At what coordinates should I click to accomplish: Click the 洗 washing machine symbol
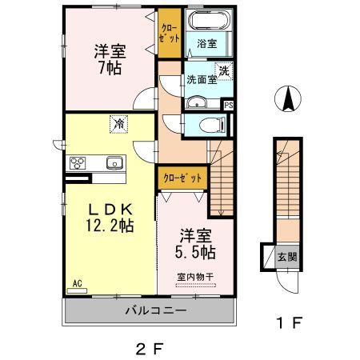coord(226,71)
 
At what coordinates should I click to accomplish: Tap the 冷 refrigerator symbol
coord(118,124)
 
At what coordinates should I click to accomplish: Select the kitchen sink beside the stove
coord(114,162)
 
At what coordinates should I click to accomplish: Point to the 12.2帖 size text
coord(110,226)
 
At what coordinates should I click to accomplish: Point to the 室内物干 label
coord(196,278)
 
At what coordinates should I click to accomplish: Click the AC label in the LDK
coord(78,284)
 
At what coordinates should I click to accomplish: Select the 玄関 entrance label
coord(286,257)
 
